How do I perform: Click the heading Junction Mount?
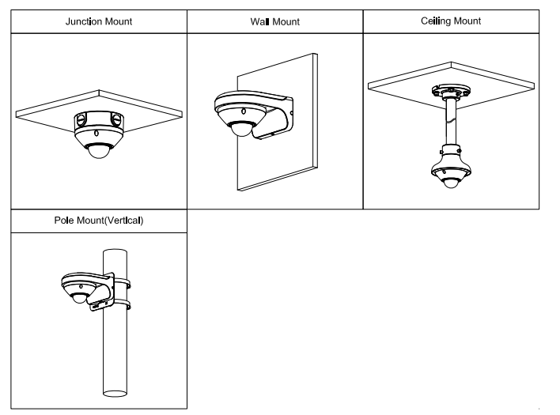tap(99, 22)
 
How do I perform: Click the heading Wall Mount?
tap(275, 22)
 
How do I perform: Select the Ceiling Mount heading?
tap(451, 21)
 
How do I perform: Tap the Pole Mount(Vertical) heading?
tap(99, 221)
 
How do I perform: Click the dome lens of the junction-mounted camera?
tap(99, 151)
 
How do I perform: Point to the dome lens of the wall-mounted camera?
tap(241, 130)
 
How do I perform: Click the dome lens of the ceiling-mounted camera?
tap(451, 183)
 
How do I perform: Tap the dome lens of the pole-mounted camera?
tap(79, 299)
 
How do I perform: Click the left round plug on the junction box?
tap(81, 119)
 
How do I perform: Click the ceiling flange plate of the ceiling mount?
tap(451, 91)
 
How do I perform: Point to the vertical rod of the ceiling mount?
tap(451, 121)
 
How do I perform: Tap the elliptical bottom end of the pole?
tap(115, 393)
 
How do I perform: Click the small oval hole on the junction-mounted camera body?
tap(96, 134)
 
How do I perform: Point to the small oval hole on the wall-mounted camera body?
tap(244, 111)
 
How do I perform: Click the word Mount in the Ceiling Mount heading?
tap(467, 21)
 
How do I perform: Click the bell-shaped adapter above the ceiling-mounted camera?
tap(451, 158)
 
